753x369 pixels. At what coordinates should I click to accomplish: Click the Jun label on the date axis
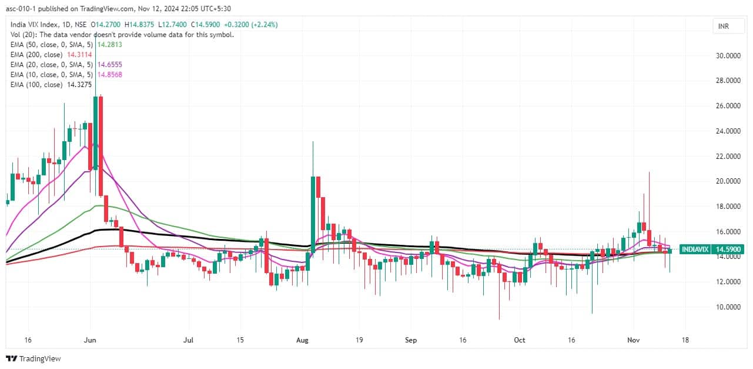point(90,340)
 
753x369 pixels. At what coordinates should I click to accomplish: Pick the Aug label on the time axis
point(302,340)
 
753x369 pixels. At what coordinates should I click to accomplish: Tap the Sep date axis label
point(411,340)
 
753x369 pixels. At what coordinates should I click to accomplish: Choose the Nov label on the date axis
point(634,340)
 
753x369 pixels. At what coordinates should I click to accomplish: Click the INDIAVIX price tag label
point(695,250)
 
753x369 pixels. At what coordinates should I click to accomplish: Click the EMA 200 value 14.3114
point(79,54)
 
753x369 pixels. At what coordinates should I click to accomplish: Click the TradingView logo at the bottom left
point(34,358)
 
